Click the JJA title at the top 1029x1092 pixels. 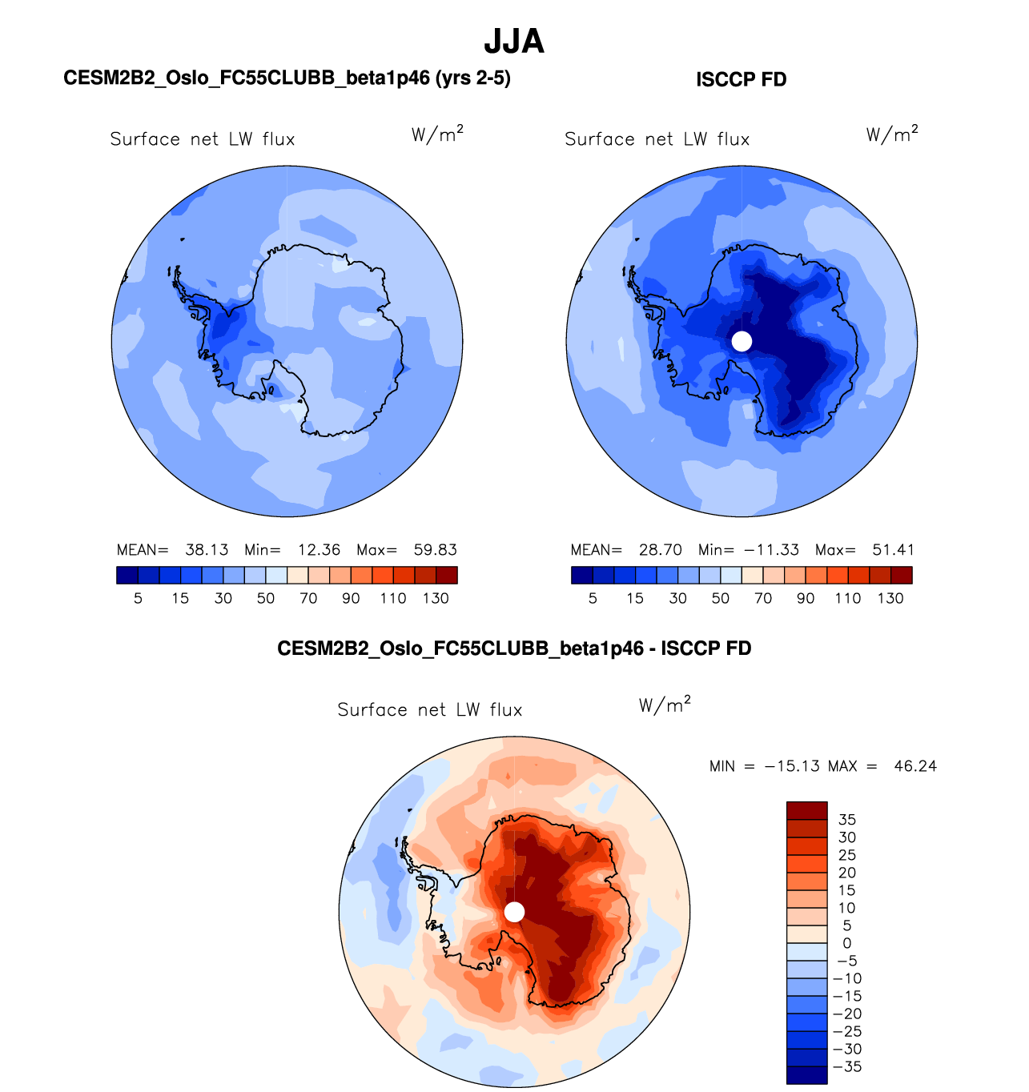(x=514, y=42)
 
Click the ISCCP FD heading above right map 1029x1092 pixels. (x=741, y=79)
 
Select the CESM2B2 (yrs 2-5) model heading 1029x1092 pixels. (x=287, y=78)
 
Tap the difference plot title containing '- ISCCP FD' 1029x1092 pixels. (x=514, y=648)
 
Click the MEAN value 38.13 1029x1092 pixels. (x=207, y=550)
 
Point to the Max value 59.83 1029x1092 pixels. (x=435, y=550)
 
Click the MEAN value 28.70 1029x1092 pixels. (x=661, y=550)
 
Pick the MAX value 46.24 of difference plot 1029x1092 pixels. (x=915, y=766)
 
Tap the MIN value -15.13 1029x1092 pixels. (x=792, y=766)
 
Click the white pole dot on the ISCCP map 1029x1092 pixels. (x=742, y=341)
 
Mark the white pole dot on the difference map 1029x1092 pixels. (x=514, y=912)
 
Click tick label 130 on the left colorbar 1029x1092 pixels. (x=436, y=598)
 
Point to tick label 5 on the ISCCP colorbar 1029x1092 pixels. (x=593, y=598)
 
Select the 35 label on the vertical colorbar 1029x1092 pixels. (x=846, y=820)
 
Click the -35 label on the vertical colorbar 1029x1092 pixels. (x=846, y=1066)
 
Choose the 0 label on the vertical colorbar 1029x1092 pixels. (x=846, y=943)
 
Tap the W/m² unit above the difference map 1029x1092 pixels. (x=665, y=705)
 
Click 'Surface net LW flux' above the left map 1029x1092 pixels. (x=203, y=139)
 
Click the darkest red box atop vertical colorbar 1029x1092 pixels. (x=806, y=810)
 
